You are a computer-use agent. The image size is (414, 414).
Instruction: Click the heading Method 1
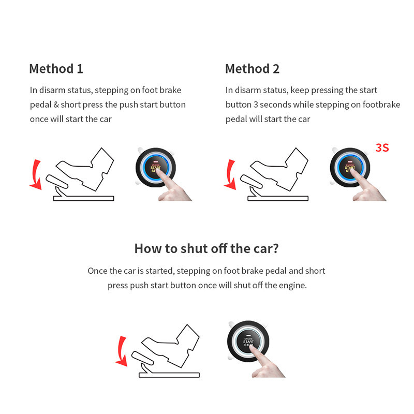coord(56,68)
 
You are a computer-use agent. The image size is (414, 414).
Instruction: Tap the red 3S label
coord(382,147)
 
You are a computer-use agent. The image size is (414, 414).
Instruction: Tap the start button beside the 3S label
coord(349,168)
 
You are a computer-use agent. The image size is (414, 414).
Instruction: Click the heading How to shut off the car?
coord(206,248)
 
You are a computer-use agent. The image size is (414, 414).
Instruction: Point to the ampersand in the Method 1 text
coord(55,105)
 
